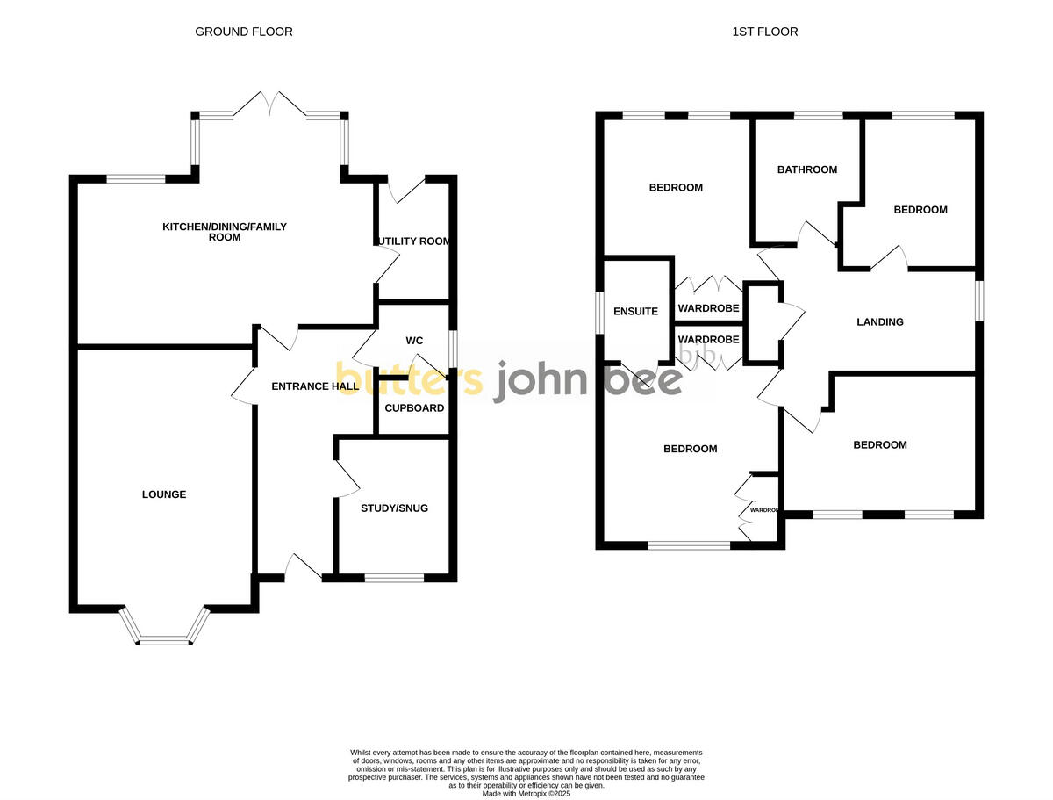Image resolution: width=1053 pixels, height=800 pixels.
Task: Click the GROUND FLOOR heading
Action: tap(244, 32)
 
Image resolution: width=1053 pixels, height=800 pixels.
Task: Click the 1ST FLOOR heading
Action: tap(765, 32)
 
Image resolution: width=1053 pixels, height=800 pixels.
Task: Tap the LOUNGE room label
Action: tap(164, 494)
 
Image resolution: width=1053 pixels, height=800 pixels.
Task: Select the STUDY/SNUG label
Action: tap(394, 508)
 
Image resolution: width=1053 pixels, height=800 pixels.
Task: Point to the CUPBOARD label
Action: tap(414, 408)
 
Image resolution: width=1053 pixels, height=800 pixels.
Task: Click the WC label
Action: tap(414, 341)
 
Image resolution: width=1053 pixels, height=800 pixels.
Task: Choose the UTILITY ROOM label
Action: tap(412, 241)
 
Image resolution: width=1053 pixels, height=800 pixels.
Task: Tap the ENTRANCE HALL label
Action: tap(315, 386)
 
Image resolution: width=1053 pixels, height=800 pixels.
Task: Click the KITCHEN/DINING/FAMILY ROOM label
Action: tap(225, 232)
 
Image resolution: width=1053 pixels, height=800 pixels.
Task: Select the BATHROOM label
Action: tap(807, 169)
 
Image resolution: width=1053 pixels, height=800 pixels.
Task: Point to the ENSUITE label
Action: tap(635, 311)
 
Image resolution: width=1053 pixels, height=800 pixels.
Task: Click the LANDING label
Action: tap(879, 322)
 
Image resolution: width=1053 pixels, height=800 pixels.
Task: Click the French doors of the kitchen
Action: tap(270, 104)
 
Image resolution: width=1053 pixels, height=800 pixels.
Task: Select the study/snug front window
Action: tap(394, 578)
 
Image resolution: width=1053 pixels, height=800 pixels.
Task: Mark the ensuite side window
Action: tap(599, 312)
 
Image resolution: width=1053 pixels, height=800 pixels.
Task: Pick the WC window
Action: tap(453, 348)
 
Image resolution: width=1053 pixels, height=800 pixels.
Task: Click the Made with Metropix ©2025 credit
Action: tap(526, 793)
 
